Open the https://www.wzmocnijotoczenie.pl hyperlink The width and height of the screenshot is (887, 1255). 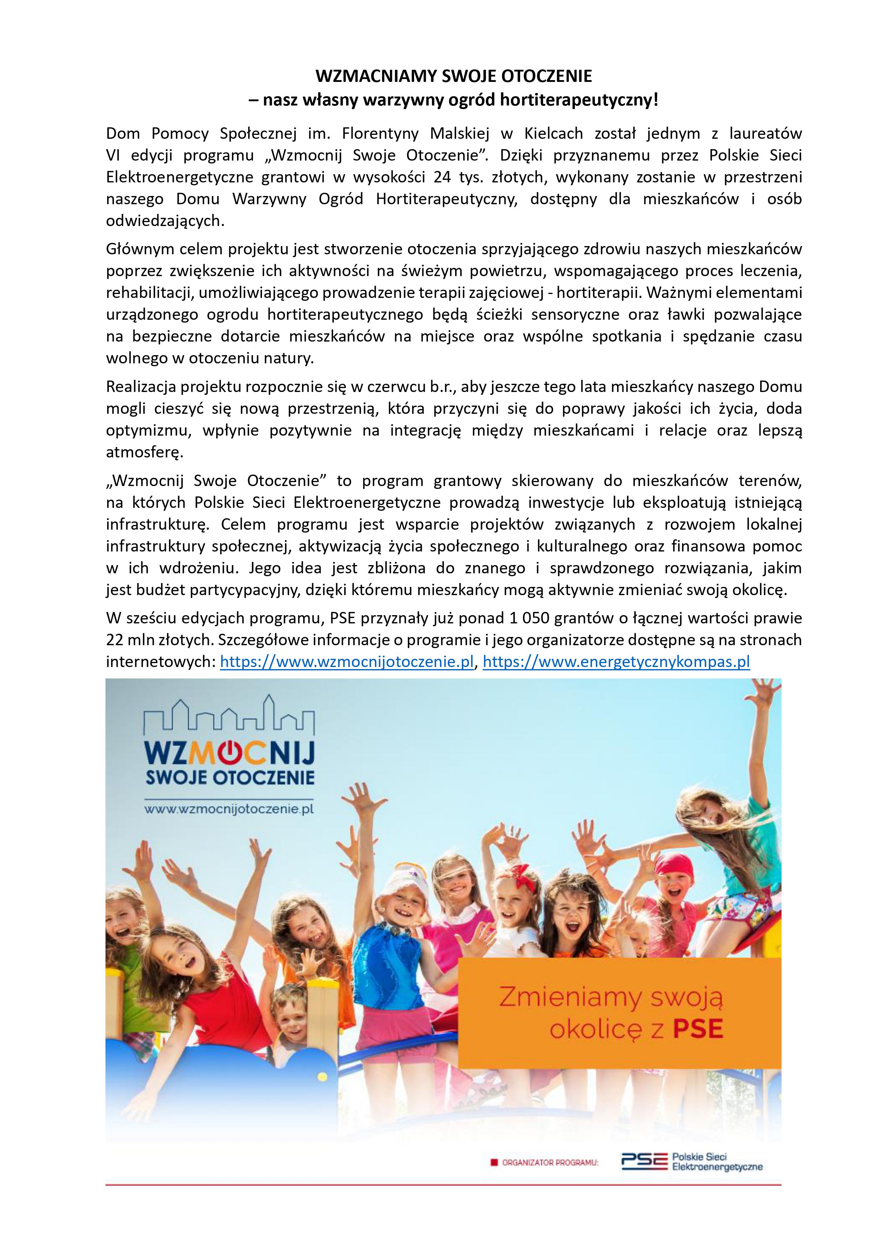pos(346,662)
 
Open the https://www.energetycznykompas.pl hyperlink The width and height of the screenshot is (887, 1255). pos(616,662)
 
